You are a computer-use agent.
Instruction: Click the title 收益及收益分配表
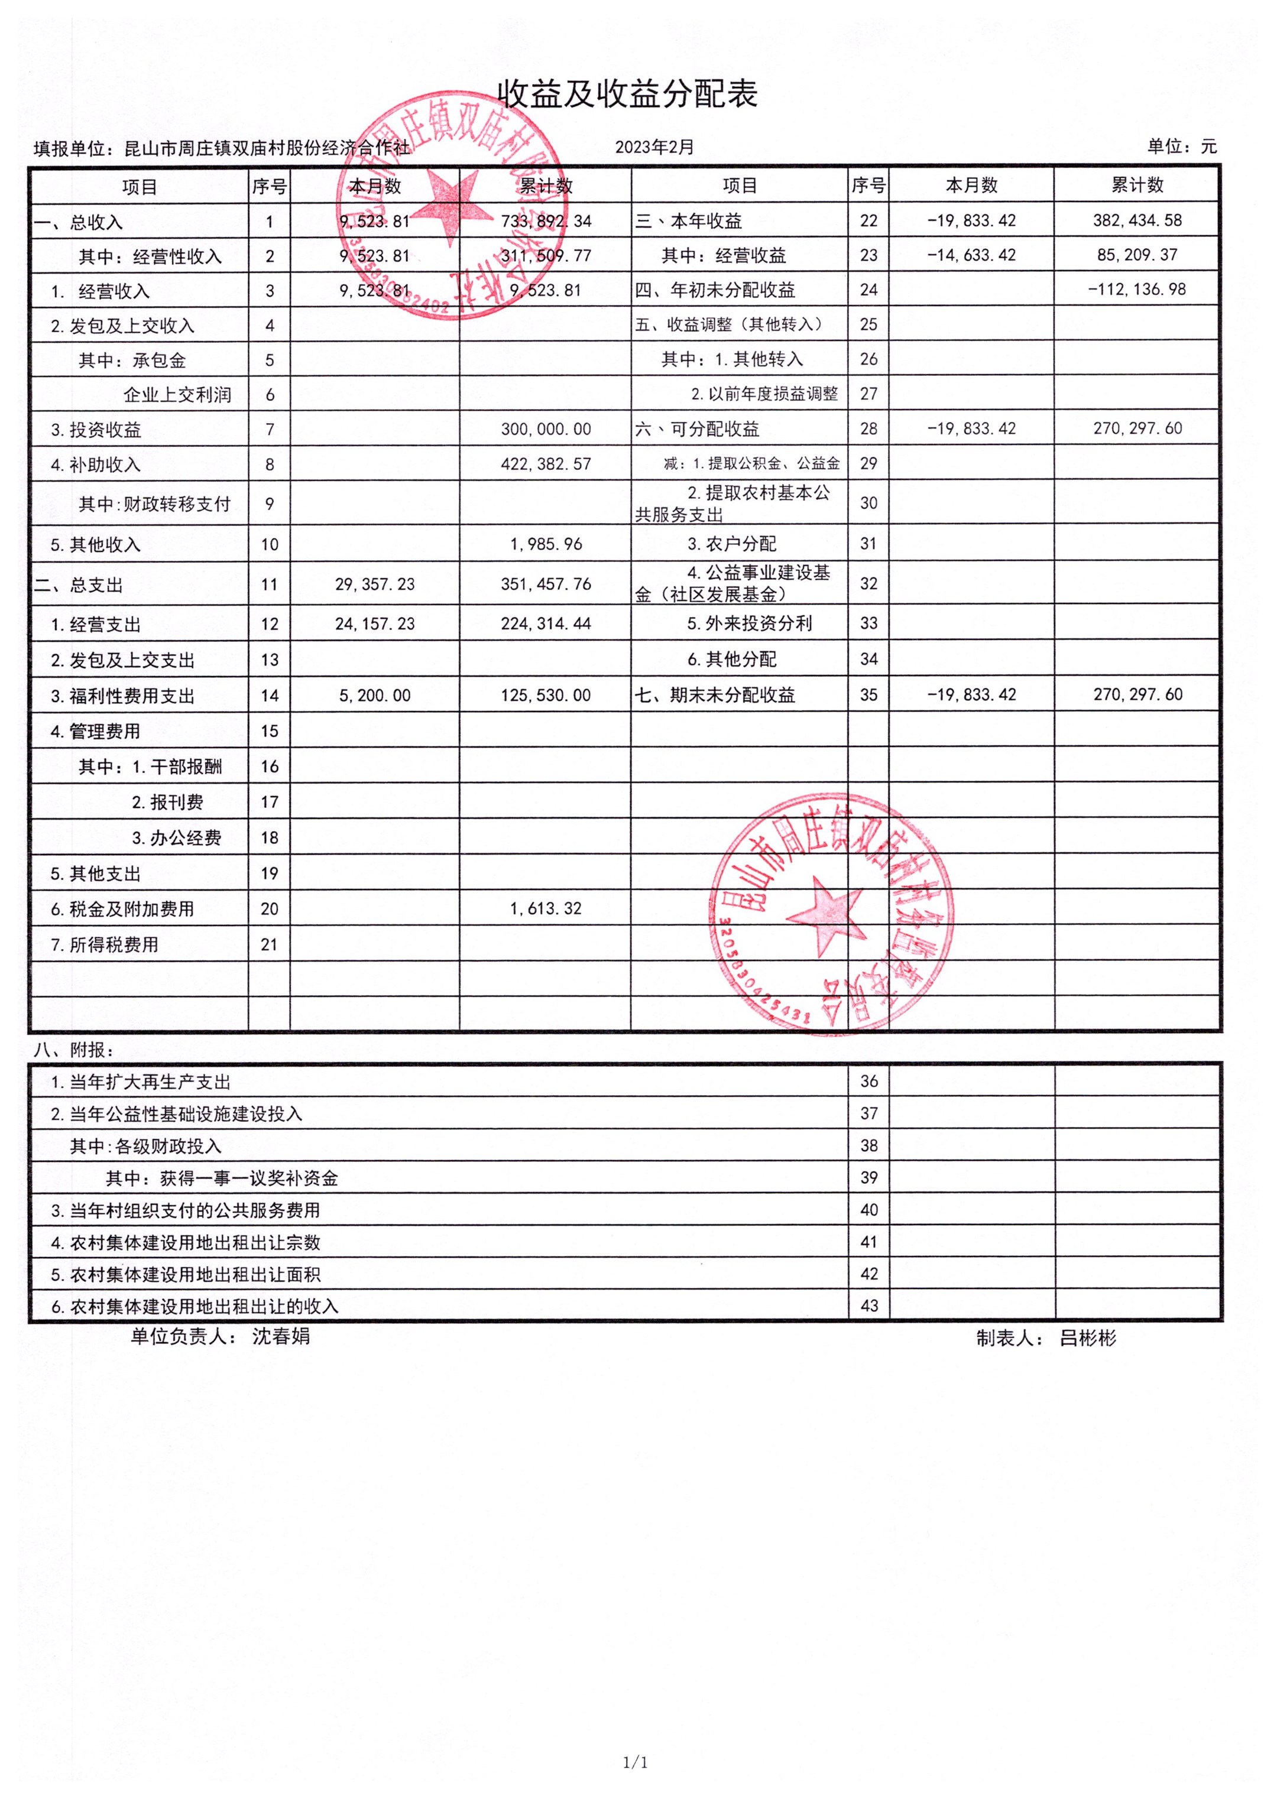click(627, 95)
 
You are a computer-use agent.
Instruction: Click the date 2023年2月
click(654, 147)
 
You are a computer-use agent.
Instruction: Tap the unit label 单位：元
click(1182, 146)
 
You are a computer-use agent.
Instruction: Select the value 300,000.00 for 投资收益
click(546, 429)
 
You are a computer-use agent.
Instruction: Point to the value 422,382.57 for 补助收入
click(546, 465)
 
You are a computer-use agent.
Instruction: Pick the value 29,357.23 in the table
click(375, 584)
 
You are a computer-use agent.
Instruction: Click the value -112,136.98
click(1137, 289)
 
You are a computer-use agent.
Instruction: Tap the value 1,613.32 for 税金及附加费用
click(546, 908)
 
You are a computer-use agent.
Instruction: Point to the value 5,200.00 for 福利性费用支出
click(375, 696)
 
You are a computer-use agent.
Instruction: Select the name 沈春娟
click(281, 1336)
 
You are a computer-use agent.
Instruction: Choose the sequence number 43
click(869, 1306)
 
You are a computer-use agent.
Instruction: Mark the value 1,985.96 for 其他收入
click(546, 544)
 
